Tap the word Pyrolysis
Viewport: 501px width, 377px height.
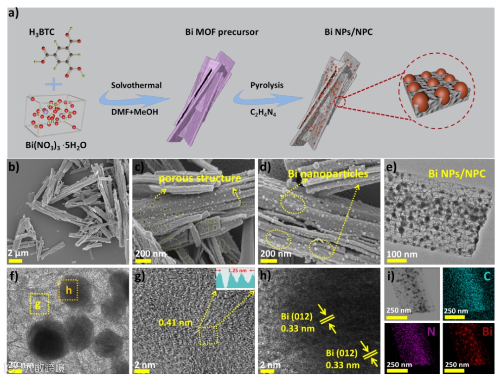[266, 85]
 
